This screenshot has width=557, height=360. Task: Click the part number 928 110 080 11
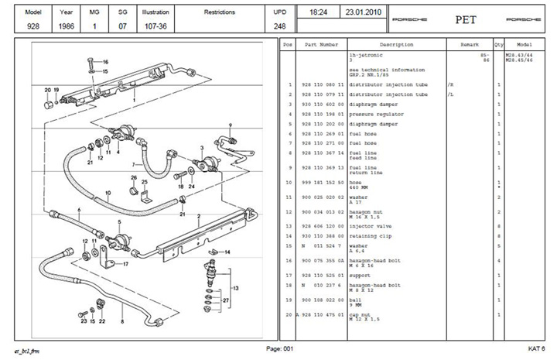point(320,84)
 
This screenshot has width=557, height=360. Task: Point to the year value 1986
point(67,26)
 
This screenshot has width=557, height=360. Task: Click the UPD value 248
point(279,26)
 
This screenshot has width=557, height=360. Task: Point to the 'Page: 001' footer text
point(279,350)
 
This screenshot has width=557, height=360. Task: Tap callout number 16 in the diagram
point(105,61)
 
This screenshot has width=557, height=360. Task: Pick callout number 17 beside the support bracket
point(125,264)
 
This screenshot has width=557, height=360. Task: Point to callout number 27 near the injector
point(226,299)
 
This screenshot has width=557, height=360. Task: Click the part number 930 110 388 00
point(320,235)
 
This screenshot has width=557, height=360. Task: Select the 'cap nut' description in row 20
point(362,314)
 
